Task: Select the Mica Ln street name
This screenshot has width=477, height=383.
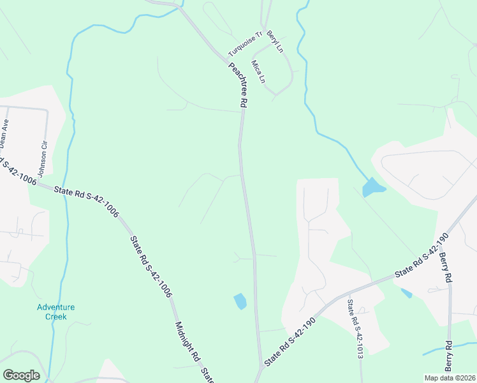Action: [x=258, y=72]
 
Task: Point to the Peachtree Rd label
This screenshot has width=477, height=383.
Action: [x=236, y=84]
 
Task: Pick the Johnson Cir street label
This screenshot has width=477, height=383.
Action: [x=43, y=159]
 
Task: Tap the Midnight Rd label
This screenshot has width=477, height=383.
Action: [x=187, y=342]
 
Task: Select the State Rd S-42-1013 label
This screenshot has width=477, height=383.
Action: [x=356, y=329]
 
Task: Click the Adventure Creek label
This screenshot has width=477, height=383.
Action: [x=55, y=312]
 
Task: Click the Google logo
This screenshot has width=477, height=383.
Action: [x=21, y=375]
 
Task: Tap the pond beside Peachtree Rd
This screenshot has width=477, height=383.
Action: [x=240, y=301]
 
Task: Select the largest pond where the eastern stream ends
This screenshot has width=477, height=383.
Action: [x=372, y=188]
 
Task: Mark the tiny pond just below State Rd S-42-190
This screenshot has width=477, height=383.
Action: [x=406, y=294]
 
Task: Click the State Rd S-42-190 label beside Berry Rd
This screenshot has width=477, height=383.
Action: [x=422, y=255]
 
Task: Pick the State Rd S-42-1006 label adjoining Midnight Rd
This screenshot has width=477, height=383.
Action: [x=151, y=267]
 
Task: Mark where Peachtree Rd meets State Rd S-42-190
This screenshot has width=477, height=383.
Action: [x=261, y=367]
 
